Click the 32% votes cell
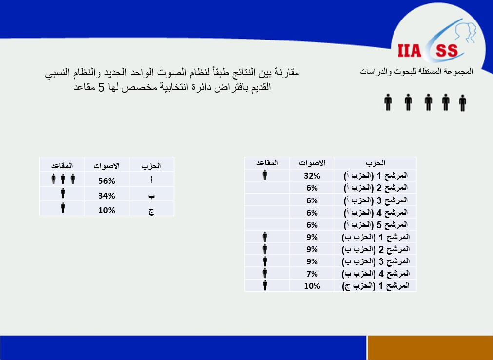click(312, 176)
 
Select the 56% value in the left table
click(107, 181)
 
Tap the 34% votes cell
click(107, 196)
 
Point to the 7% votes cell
click(312, 274)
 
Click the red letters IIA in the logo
click(409, 51)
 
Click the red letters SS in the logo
click(447, 51)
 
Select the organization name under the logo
click(416, 72)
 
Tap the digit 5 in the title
click(101, 87)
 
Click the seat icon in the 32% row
click(265, 175)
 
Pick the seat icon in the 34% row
click(63, 193)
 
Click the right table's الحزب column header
click(375, 163)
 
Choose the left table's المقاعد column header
click(62, 165)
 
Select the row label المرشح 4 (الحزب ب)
click(376, 274)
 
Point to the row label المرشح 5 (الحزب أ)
click(376, 224)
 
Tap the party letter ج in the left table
click(151, 211)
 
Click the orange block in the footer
click(430, 347)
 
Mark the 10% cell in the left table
click(107, 210)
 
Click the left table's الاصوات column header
click(107, 166)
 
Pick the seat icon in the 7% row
click(265, 273)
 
